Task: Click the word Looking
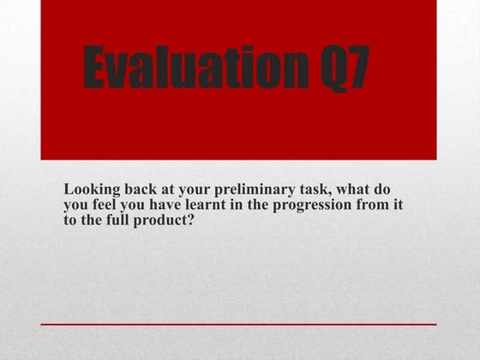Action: pos(90,189)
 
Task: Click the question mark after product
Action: pos(194,220)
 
